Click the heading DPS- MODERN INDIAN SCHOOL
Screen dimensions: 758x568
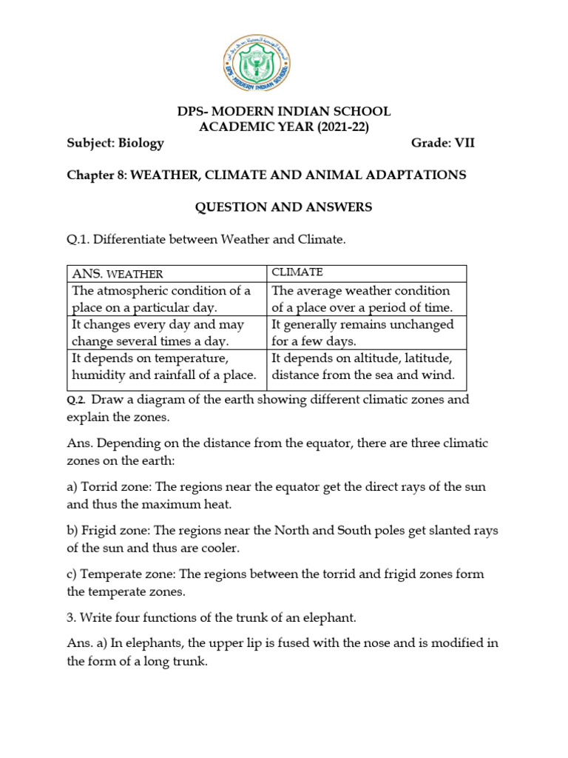(283, 112)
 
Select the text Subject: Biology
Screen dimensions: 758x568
(116, 144)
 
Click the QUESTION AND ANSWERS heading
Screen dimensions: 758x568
(283, 208)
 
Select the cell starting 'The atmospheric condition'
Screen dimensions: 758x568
(166, 299)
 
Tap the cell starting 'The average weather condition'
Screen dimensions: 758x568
(367, 299)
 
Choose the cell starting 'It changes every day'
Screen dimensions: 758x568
(166, 333)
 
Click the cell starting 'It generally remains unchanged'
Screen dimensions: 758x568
(367, 333)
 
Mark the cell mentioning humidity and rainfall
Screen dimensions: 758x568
(166, 367)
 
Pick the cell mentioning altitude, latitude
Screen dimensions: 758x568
(367, 367)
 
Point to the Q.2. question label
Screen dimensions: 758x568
(76, 400)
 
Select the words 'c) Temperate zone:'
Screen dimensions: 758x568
(119, 574)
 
